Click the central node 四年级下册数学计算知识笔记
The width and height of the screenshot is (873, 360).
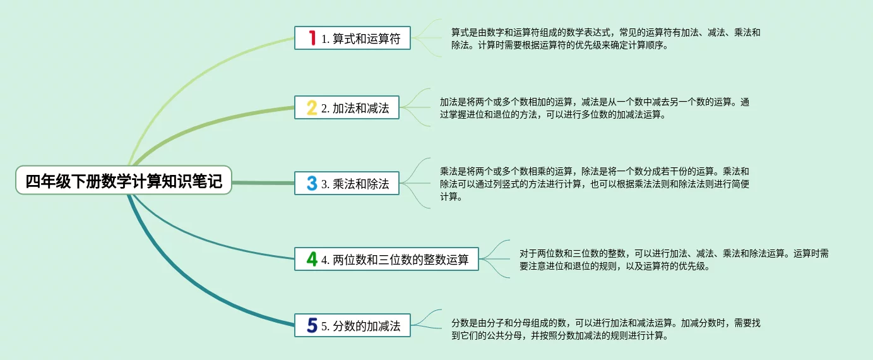click(124, 181)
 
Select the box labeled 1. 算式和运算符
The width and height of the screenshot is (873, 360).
click(352, 38)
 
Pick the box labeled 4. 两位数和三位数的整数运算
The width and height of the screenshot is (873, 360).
click(386, 259)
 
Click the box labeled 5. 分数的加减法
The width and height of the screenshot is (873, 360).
click(352, 326)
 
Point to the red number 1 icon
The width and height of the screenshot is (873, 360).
click(311, 38)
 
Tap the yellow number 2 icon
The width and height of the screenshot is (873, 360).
click(311, 107)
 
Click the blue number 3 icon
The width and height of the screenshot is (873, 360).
click(311, 184)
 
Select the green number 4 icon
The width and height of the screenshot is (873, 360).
click(311, 259)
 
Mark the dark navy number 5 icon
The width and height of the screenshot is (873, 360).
click(311, 326)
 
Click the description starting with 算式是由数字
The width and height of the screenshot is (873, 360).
click(605, 39)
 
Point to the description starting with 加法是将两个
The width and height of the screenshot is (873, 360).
click(594, 108)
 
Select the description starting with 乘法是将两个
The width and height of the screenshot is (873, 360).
click(594, 184)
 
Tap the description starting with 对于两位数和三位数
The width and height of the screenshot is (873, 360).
click(674, 260)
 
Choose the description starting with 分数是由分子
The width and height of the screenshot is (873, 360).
click(605, 329)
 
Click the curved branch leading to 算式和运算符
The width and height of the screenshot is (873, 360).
click(189, 69)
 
